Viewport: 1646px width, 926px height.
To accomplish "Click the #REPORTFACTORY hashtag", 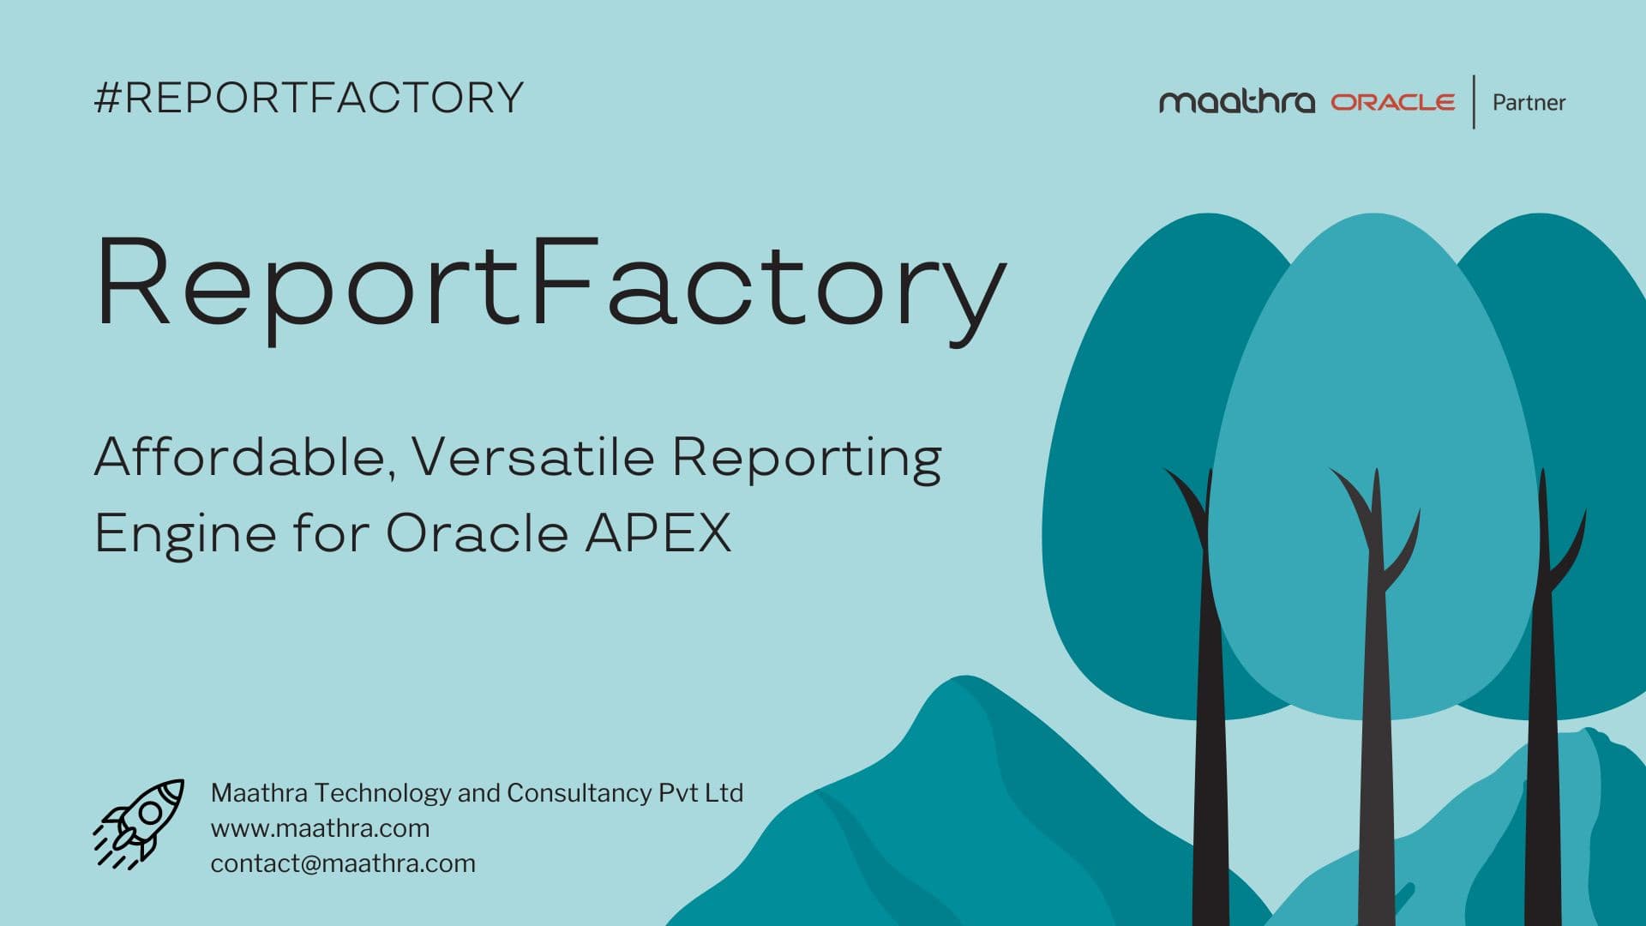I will [x=309, y=98].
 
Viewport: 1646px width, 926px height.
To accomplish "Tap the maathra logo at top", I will [x=1236, y=102].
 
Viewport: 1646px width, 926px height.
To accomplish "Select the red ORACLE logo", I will [x=1392, y=102].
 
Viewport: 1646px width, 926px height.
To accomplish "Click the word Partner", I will [x=1529, y=103].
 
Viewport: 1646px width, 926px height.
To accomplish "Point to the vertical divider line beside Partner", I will [x=1474, y=102].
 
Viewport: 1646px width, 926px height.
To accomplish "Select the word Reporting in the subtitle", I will [x=806, y=458].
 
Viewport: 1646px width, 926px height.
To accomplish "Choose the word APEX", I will [x=658, y=532].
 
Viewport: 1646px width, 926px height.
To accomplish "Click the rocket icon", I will [x=140, y=823].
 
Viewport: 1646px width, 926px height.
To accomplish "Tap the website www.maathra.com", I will [x=320, y=828].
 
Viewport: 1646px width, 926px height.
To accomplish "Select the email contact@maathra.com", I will [x=343, y=863].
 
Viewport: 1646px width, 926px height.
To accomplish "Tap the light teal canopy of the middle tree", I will [x=1372, y=360].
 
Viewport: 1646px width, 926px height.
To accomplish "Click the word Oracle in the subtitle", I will [x=477, y=533].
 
